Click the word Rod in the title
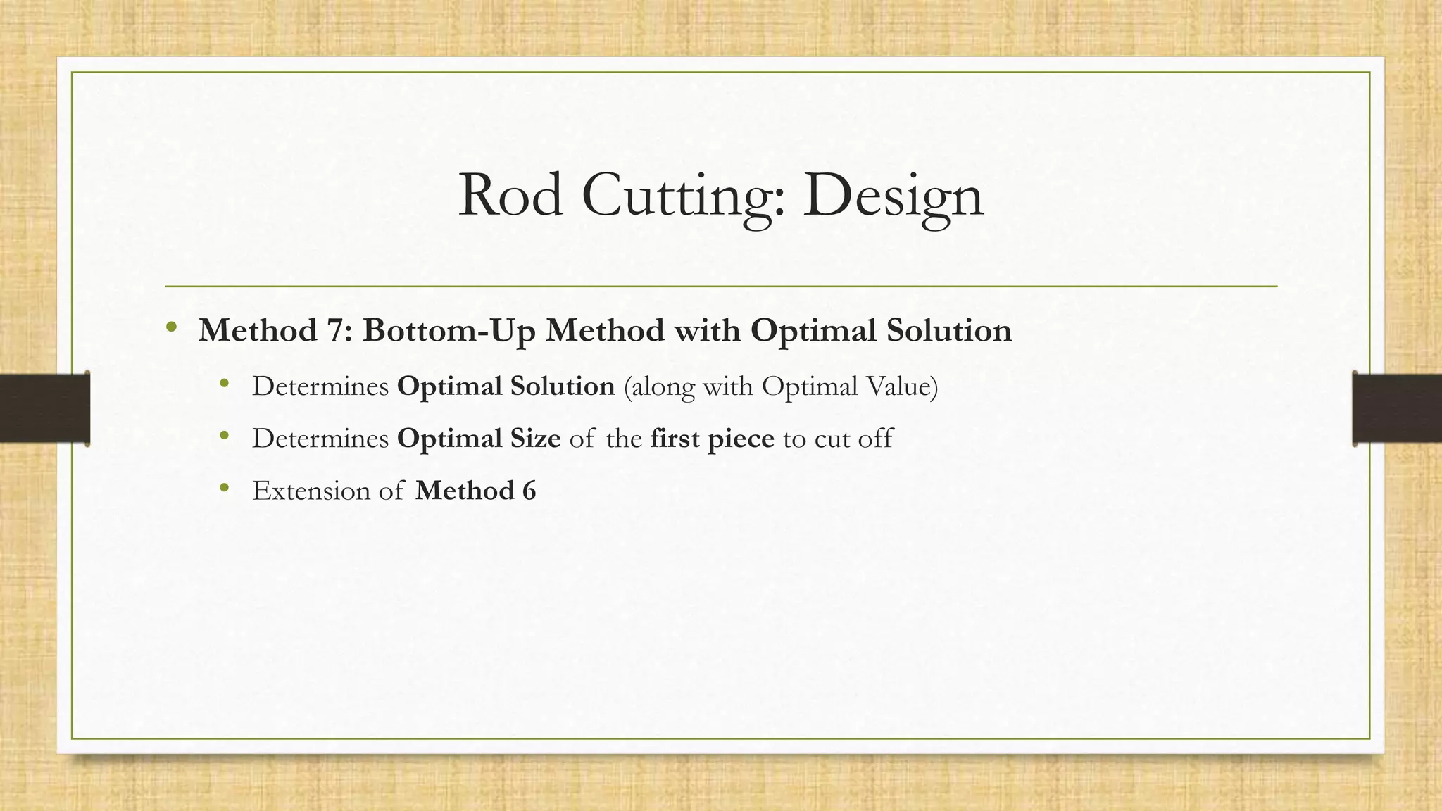pyautogui.click(x=510, y=196)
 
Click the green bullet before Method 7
pyautogui.click(x=171, y=328)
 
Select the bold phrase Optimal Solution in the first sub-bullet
pyautogui.click(x=506, y=386)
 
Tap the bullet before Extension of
pyautogui.click(x=225, y=488)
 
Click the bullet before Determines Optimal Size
pyautogui.click(x=225, y=436)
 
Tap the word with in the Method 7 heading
pyautogui.click(x=707, y=331)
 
